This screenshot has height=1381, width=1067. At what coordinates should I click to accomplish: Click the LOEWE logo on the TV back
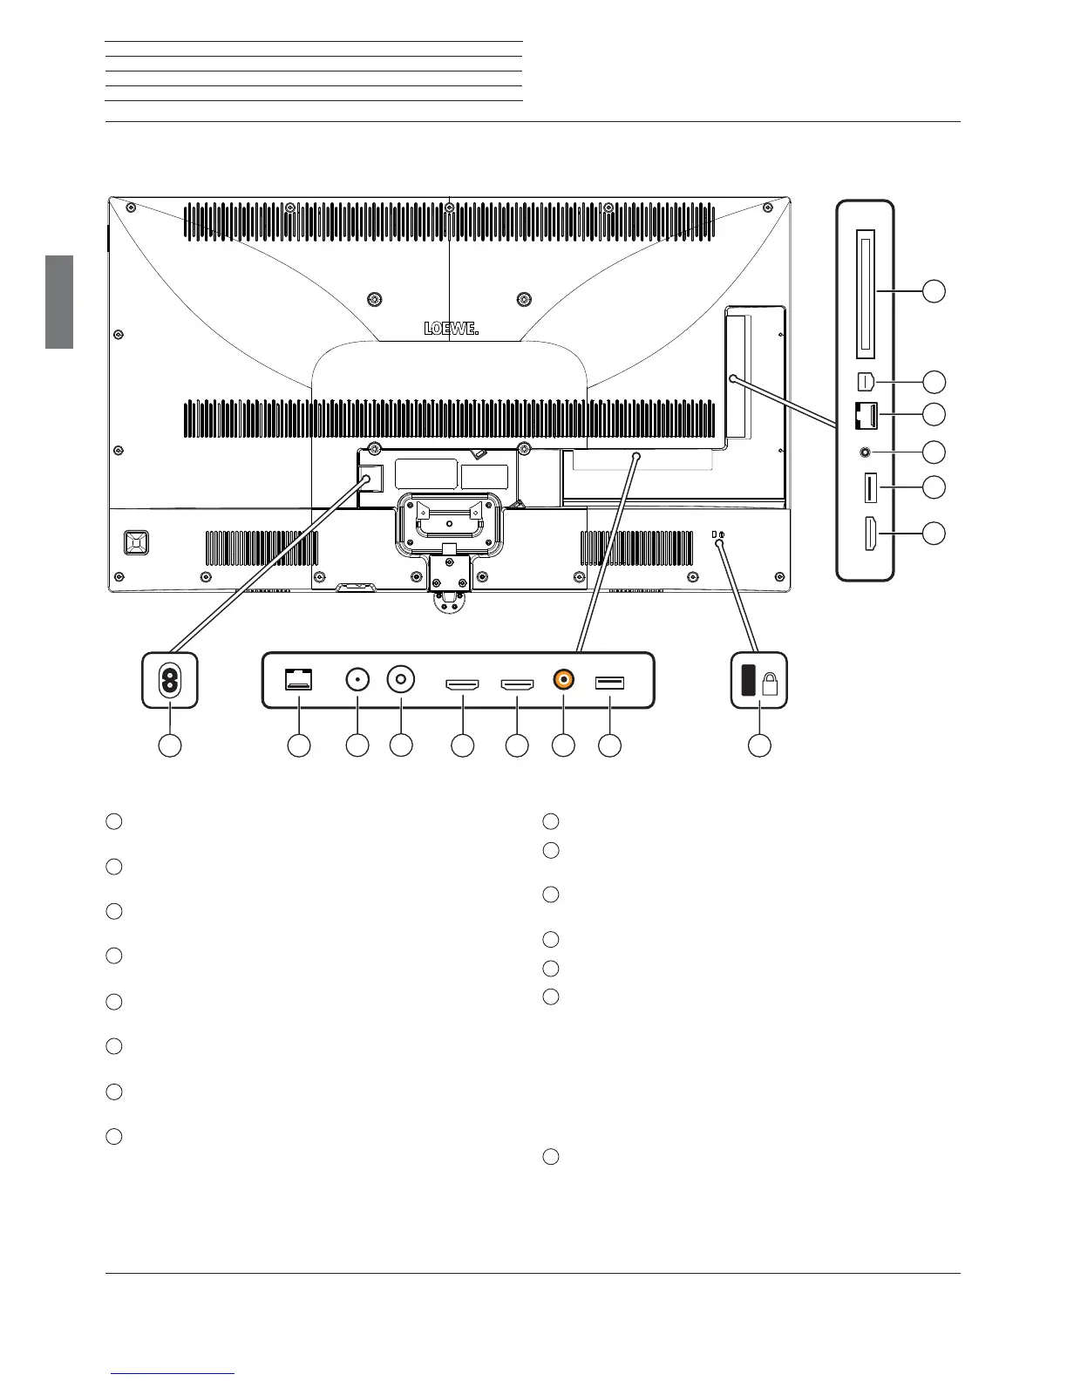pyautogui.click(x=452, y=329)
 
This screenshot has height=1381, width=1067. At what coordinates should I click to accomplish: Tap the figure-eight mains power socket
pyautogui.click(x=170, y=681)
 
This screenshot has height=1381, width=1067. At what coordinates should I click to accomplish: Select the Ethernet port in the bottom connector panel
pyautogui.click(x=299, y=680)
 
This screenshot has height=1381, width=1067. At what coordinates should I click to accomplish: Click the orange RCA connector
pyautogui.click(x=564, y=680)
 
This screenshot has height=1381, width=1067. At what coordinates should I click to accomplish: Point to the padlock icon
pyautogui.click(x=770, y=684)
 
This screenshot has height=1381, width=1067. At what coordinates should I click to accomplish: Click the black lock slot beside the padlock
pyautogui.click(x=748, y=680)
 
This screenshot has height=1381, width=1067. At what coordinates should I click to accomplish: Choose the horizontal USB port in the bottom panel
pyautogui.click(x=609, y=682)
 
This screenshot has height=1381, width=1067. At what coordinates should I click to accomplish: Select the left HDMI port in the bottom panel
pyautogui.click(x=463, y=685)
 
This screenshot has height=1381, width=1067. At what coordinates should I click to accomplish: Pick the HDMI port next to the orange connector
pyautogui.click(x=517, y=685)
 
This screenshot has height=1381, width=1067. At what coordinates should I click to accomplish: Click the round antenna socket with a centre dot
pyautogui.click(x=357, y=680)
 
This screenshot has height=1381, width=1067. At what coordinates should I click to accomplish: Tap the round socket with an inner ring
pyautogui.click(x=401, y=680)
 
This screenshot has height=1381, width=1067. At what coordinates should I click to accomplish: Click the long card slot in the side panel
pyautogui.click(x=866, y=294)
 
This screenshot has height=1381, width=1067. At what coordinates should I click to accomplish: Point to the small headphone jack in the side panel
pyautogui.click(x=866, y=452)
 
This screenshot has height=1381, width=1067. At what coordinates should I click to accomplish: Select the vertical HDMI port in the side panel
pyautogui.click(x=870, y=534)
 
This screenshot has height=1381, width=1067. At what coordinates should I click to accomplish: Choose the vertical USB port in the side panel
pyautogui.click(x=869, y=487)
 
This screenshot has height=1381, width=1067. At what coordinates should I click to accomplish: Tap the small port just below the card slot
pyautogui.click(x=866, y=381)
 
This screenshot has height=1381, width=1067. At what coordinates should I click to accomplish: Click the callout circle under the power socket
pyautogui.click(x=170, y=745)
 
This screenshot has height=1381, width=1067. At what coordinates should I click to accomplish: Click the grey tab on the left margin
pyautogui.click(x=59, y=302)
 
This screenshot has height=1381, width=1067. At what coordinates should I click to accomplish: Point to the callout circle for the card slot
pyautogui.click(x=934, y=291)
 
